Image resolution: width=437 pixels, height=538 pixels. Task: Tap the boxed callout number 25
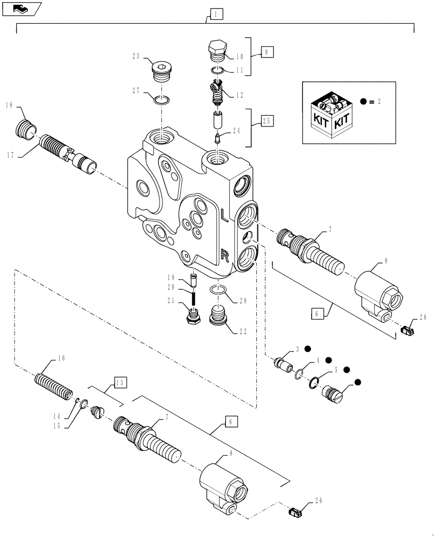[x=267, y=121]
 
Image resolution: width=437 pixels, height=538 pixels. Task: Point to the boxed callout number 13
[x=120, y=383]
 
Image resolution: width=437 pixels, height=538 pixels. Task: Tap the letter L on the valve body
[x=224, y=215]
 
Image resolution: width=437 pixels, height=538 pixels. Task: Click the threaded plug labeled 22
[x=218, y=315]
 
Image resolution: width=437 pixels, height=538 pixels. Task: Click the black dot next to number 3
[x=308, y=348]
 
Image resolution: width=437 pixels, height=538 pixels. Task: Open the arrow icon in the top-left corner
[x=22, y=8]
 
